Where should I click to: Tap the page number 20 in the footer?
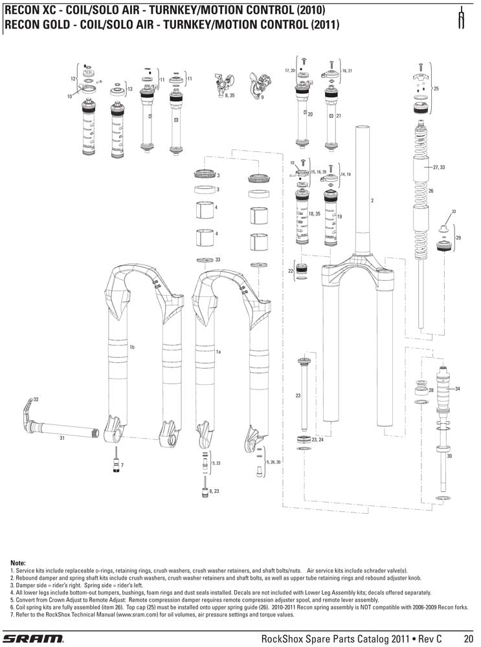click(x=469, y=639)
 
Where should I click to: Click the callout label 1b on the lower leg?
click(x=131, y=348)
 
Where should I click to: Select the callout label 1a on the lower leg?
click(x=219, y=351)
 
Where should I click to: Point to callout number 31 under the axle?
click(x=62, y=439)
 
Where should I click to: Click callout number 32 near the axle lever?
click(x=36, y=399)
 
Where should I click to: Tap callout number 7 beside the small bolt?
click(x=122, y=465)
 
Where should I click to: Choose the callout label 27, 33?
click(x=438, y=167)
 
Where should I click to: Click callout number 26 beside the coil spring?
click(x=431, y=192)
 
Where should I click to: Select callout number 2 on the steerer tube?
click(x=372, y=201)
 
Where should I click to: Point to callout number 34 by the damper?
click(x=458, y=388)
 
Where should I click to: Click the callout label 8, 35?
click(x=230, y=96)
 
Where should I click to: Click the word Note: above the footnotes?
click(x=18, y=563)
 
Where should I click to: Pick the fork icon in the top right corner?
click(x=462, y=19)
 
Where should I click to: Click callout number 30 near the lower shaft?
click(x=449, y=456)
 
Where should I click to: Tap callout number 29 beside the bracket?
click(x=458, y=238)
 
